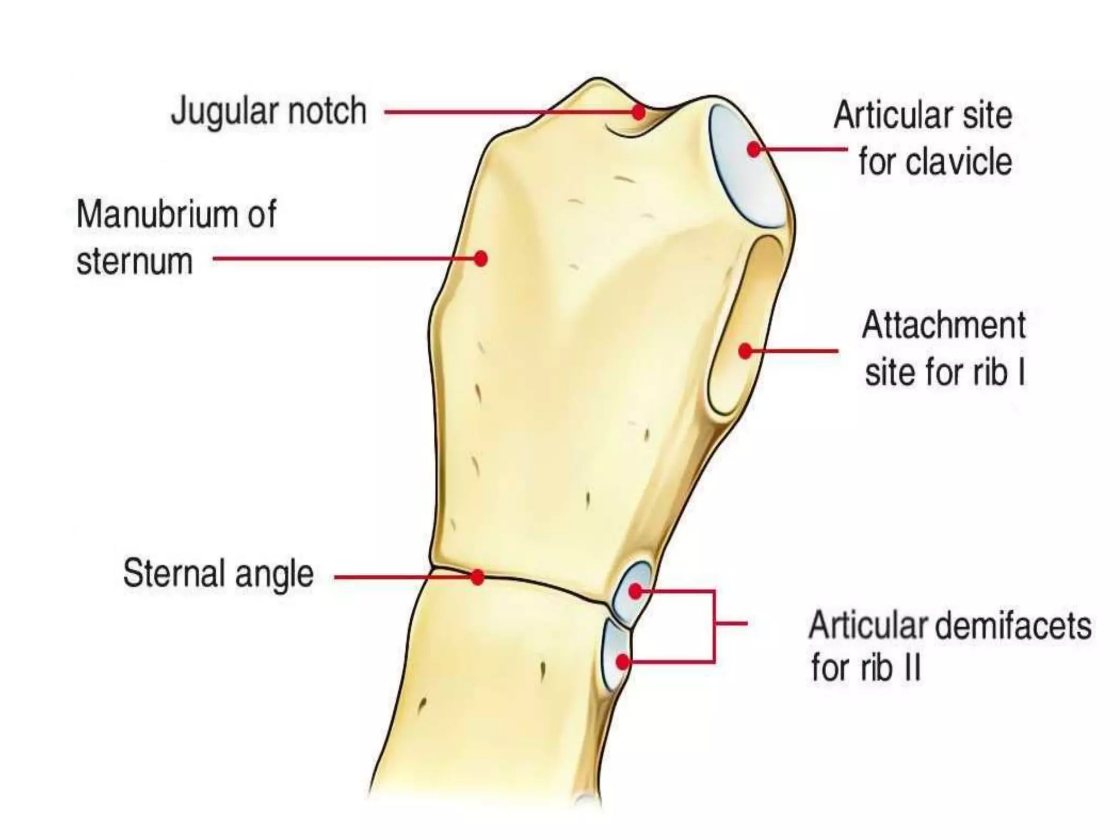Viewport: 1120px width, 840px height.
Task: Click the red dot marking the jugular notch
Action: click(x=638, y=113)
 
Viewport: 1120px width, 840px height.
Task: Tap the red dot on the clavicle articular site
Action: click(x=754, y=149)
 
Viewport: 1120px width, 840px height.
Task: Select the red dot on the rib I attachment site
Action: click(x=745, y=351)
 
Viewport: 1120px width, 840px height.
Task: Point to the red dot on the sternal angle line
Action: click(x=477, y=577)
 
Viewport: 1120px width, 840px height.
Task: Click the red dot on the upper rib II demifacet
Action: click(x=635, y=591)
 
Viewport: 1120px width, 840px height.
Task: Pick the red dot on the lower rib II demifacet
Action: click(x=622, y=662)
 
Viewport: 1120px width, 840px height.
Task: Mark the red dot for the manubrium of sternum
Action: click(x=481, y=258)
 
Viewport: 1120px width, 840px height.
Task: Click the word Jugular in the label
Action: click(x=224, y=112)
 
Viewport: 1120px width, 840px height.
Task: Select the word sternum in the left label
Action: click(x=135, y=261)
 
